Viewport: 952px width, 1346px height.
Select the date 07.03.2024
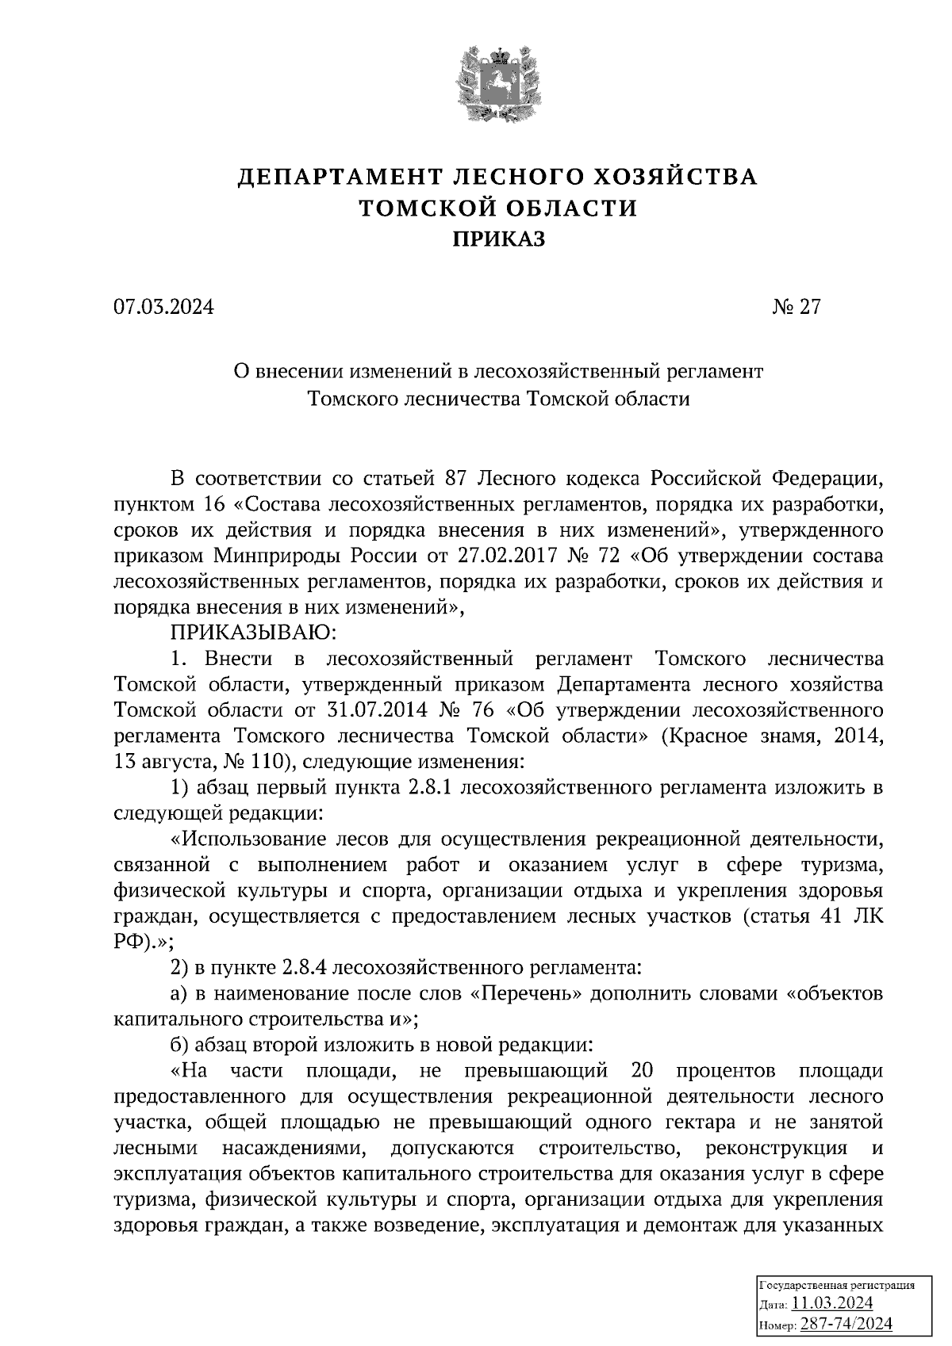pyautogui.click(x=163, y=307)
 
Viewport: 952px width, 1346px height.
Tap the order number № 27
pyautogui.click(x=796, y=307)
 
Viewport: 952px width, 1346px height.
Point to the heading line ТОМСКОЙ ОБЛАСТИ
pyautogui.click(x=498, y=208)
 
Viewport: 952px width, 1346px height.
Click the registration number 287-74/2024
pyautogui.click(x=846, y=1323)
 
